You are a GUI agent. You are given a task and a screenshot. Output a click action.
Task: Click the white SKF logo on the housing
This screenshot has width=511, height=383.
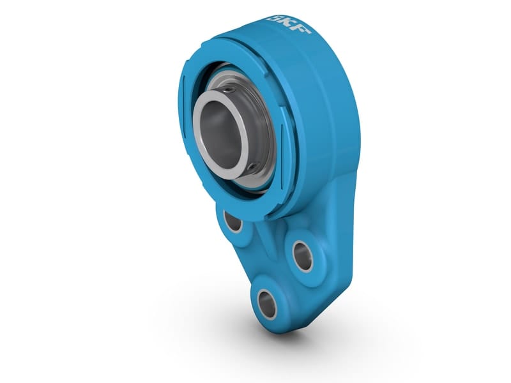[289, 25]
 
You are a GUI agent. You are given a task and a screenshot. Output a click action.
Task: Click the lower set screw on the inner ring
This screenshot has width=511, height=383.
[254, 167]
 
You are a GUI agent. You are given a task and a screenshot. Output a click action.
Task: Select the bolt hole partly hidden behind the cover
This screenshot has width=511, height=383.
[233, 222]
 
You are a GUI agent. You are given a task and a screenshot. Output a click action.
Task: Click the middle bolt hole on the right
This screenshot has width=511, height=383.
[302, 255]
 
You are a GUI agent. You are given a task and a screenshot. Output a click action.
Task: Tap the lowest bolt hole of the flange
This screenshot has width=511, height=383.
[267, 303]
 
